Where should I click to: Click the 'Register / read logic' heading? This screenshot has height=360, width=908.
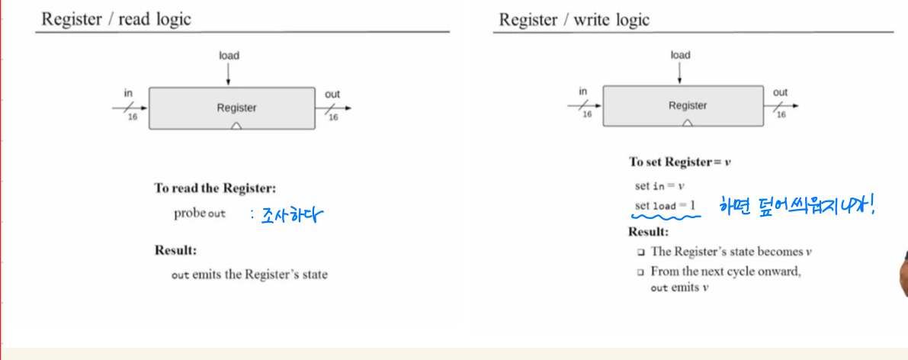click(116, 19)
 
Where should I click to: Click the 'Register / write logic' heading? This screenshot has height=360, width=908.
click(574, 19)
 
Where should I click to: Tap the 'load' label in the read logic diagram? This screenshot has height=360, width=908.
click(229, 55)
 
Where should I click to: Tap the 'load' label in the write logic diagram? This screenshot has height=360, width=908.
click(680, 55)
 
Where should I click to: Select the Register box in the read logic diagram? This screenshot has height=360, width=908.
click(231, 108)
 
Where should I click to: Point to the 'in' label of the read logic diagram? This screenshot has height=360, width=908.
click(128, 93)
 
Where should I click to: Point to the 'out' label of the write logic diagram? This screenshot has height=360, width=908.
click(780, 92)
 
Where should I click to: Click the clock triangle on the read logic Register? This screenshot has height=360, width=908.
click(236, 125)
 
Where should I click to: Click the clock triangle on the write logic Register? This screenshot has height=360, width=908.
click(688, 123)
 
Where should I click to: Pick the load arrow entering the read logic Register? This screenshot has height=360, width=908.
click(228, 75)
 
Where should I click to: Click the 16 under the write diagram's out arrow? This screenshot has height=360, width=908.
click(781, 115)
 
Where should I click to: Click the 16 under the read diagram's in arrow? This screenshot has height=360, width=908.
click(132, 117)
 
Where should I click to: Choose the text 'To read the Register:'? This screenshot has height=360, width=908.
click(215, 188)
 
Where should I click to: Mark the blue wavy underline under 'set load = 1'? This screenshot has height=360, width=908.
click(666, 216)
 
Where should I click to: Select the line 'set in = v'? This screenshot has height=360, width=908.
click(660, 186)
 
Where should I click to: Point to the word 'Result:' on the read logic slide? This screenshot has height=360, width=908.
click(176, 250)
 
